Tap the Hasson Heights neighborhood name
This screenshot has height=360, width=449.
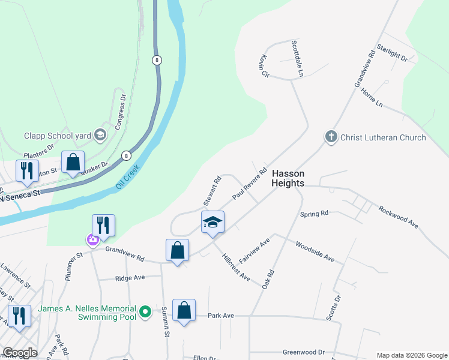(288, 178)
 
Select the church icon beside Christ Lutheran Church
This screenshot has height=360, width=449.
(331, 137)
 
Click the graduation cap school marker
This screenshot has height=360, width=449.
(212, 223)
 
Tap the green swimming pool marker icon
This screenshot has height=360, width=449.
(145, 313)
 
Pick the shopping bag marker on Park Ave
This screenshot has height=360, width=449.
(184, 311)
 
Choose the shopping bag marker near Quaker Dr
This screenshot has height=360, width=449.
(73, 162)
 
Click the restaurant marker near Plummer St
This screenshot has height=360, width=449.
(103, 225)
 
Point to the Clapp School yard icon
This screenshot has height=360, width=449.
(100, 136)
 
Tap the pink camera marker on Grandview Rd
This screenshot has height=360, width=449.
(92, 240)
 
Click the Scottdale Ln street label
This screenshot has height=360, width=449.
(297, 58)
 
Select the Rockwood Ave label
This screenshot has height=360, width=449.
(398, 217)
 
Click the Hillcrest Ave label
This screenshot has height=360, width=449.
(235, 266)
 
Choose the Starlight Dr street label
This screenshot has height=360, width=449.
(393, 53)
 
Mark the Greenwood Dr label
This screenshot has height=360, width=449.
(303, 352)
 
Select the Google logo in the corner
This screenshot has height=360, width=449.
(20, 353)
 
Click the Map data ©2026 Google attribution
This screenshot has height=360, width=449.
(411, 355)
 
